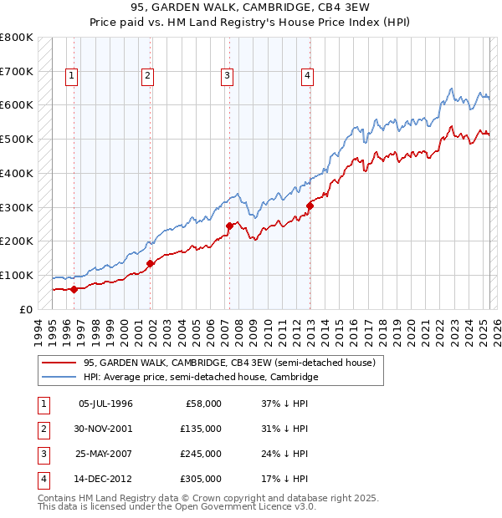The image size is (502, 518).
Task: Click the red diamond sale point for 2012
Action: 310,206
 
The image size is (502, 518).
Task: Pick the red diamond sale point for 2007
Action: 229,226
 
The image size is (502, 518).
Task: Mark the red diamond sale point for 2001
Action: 151,263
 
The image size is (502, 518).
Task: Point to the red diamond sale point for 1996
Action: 74,289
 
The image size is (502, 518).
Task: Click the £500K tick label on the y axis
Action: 17,139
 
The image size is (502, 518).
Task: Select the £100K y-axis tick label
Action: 17,275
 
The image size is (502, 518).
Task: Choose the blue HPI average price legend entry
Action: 201,378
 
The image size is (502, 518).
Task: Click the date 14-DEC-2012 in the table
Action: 105,480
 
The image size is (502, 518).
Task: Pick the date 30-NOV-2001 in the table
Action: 105,429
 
